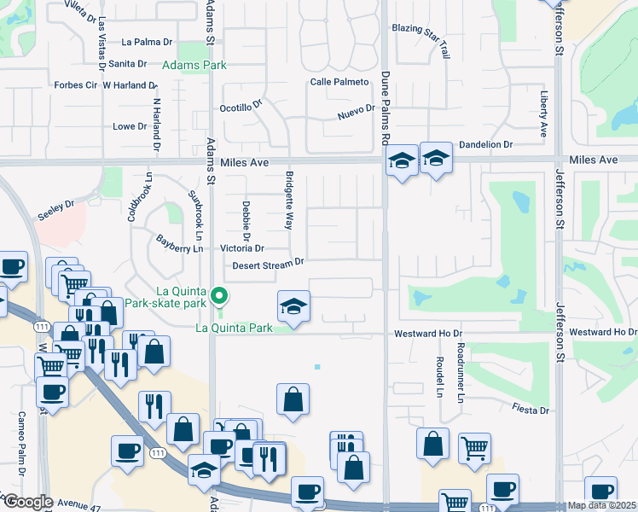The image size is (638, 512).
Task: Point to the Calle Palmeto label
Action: (339, 82)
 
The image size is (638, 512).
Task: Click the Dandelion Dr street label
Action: (485, 145)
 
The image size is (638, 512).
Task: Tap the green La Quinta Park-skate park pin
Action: (219, 298)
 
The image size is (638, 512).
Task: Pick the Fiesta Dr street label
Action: (531, 410)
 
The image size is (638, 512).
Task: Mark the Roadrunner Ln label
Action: (460, 373)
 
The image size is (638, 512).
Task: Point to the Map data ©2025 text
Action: (601, 505)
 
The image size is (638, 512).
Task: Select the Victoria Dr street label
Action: (242, 248)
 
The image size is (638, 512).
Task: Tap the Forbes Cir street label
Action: (76, 85)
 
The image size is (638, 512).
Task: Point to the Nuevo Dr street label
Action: (356, 110)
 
